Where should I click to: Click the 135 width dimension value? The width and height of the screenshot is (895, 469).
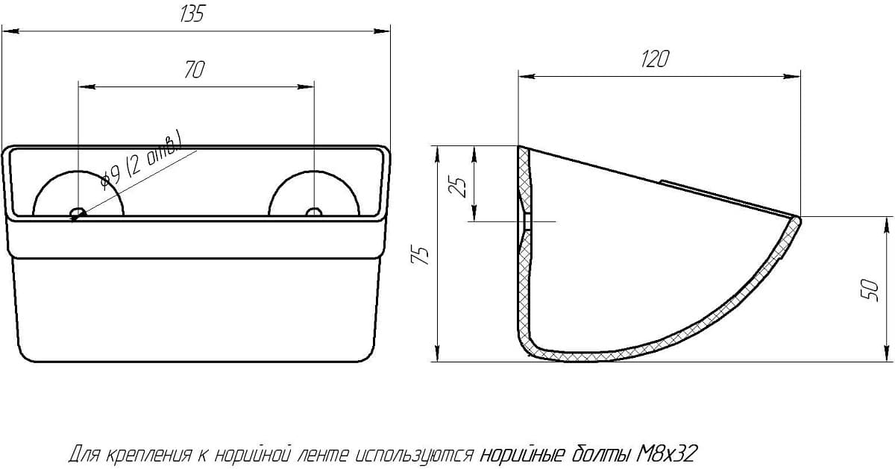[192, 13]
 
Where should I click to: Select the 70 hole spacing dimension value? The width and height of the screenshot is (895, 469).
[195, 69]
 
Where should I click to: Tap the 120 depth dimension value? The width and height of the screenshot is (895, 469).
[655, 59]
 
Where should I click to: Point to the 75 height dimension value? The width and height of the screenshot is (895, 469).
[420, 255]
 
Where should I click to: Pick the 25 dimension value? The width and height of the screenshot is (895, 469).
[458, 186]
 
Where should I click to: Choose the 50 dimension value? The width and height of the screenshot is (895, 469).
[870, 291]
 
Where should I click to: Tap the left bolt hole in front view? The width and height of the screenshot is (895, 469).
[78, 212]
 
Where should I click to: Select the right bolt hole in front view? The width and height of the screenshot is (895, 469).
[314, 212]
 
